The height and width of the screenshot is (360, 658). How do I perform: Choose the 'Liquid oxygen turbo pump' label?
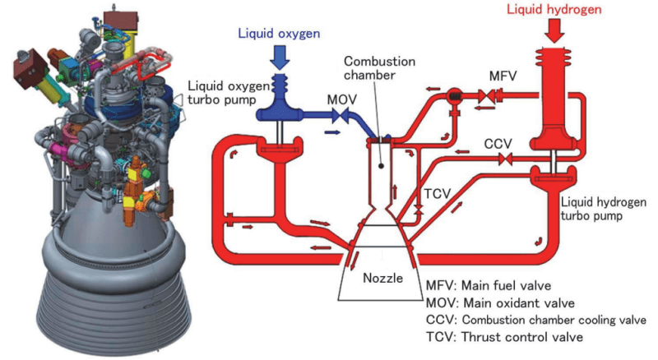222,92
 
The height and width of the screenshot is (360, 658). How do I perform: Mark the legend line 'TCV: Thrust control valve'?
503,337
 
